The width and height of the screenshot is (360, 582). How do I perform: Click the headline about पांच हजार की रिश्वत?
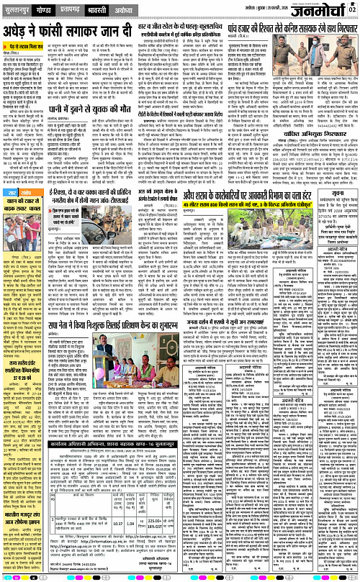[x=282, y=30]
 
